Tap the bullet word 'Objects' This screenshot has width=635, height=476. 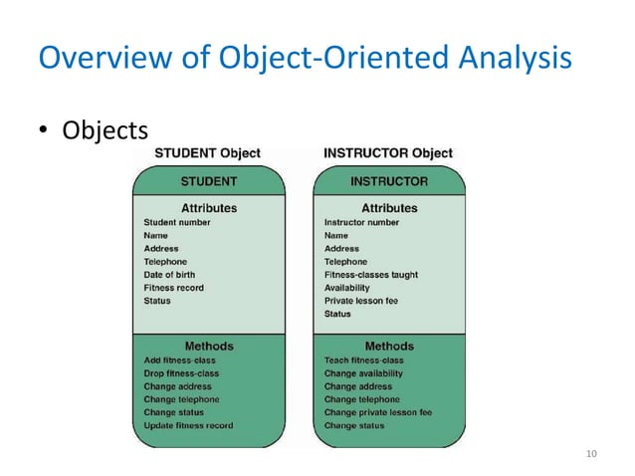coord(106,130)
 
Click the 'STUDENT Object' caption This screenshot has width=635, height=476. coord(207,154)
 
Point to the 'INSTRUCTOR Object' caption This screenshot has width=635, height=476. coord(388,154)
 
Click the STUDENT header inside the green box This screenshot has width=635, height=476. coord(208,182)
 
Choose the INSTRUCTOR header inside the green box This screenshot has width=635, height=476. coord(389,182)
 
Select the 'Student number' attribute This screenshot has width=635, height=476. coord(177,222)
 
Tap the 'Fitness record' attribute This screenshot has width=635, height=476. coord(173,288)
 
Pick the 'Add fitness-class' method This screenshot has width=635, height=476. coord(180,360)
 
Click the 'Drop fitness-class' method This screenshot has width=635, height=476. coord(181,373)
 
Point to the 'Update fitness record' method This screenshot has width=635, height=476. coord(188,425)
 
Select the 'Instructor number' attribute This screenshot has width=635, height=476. coord(361,222)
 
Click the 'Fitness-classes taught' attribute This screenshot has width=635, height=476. coord(370,275)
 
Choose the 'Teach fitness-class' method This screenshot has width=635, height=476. coord(363,360)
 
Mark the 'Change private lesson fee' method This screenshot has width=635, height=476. coord(377,412)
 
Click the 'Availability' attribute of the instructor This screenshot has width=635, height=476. coord(347,288)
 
